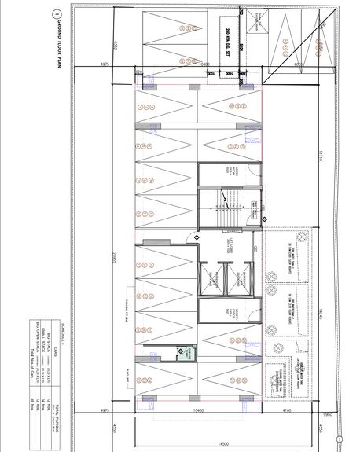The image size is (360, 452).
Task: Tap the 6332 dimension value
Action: click(x=116, y=45)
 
